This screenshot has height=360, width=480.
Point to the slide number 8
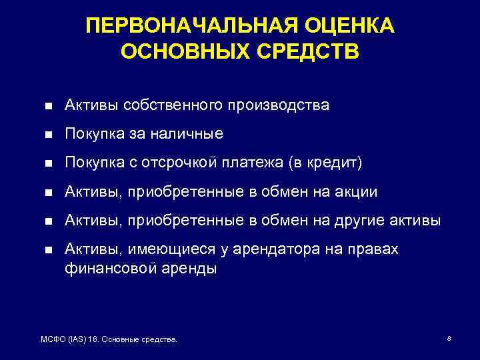click(449, 339)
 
